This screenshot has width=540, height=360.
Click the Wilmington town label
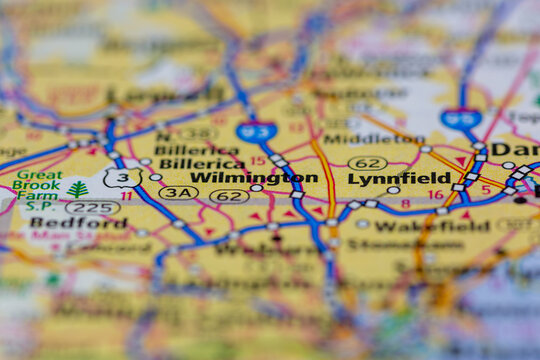click(x=254, y=178)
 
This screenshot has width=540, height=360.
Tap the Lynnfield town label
click(x=399, y=179)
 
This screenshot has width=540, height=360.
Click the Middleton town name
click(x=360, y=139)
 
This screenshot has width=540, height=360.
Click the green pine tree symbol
click(x=77, y=189)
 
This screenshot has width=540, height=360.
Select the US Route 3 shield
click(x=123, y=177)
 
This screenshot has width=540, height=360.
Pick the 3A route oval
click(x=178, y=193)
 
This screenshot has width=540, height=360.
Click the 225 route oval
click(x=92, y=208)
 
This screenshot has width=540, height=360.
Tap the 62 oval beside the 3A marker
click(x=229, y=196)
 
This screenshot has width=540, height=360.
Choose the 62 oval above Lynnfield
click(x=367, y=163)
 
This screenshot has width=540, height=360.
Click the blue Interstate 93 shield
click(x=256, y=130)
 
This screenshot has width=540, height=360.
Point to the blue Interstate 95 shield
click(x=461, y=118)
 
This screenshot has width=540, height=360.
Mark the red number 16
click(x=435, y=195)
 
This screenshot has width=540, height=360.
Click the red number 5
click(x=486, y=189)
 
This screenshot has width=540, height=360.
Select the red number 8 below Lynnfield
click(x=405, y=204)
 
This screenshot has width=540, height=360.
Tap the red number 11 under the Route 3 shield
click(x=126, y=196)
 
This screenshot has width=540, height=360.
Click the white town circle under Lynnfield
click(x=393, y=190)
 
